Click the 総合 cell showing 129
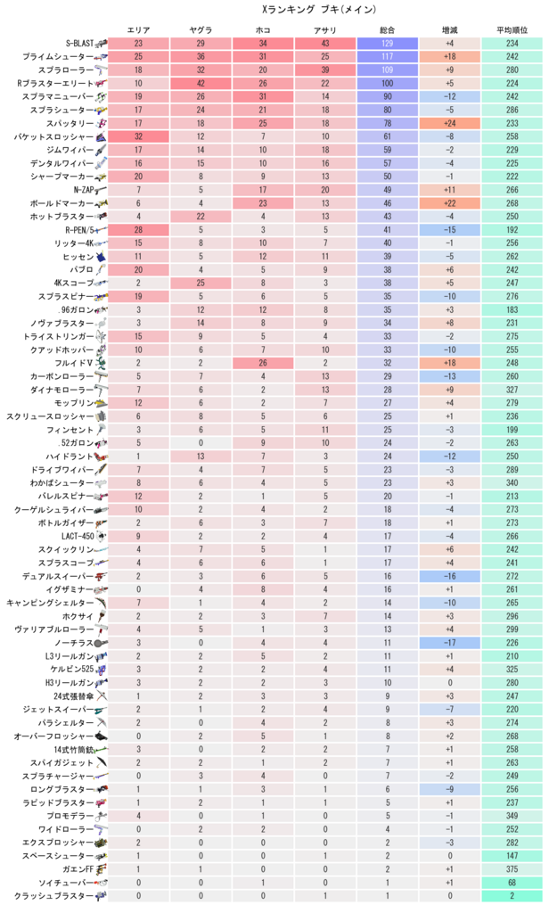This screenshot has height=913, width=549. [387, 44]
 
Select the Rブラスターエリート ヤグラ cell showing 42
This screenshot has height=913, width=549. [201, 84]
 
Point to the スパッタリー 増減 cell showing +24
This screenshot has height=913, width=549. [449, 123]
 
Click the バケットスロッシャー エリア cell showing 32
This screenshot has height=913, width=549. [138, 136]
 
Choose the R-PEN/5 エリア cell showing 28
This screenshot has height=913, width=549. [138, 229]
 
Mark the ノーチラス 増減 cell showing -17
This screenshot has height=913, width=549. [449, 642]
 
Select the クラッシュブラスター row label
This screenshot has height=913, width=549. [53, 895]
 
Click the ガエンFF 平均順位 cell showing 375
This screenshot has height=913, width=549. [512, 868]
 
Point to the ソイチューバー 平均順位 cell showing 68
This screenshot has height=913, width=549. [512, 882]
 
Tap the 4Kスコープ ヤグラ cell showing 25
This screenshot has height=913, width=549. [201, 283]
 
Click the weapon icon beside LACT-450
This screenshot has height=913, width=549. [102, 536]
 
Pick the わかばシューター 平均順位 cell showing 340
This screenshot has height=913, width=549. [512, 482]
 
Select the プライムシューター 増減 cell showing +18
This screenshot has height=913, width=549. [449, 57]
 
